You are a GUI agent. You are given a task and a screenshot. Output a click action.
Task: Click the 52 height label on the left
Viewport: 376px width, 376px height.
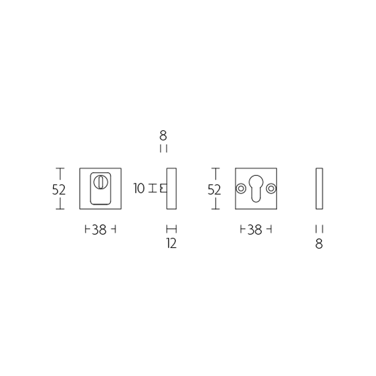coord(59,190)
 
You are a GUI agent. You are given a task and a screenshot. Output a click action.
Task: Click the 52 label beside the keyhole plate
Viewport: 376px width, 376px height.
coord(214,190)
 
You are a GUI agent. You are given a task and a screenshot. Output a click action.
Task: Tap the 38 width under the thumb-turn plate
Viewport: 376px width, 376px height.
coord(99,230)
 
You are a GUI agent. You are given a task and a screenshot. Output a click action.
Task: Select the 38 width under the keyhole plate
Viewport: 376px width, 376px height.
coord(254,230)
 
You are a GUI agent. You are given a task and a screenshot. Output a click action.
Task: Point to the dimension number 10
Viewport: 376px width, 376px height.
coord(139,188)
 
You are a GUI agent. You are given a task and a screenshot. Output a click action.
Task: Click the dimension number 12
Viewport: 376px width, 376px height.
coord(172,243)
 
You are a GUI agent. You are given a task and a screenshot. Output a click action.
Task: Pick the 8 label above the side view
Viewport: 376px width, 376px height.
coord(163,135)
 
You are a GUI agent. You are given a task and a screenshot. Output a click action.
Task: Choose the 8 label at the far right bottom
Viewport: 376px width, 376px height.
coord(319,244)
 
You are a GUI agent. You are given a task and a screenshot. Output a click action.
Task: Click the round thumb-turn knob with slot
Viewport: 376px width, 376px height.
coord(100,182)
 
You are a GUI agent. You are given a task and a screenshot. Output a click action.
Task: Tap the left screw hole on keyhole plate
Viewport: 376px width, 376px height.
coord(241,188)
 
